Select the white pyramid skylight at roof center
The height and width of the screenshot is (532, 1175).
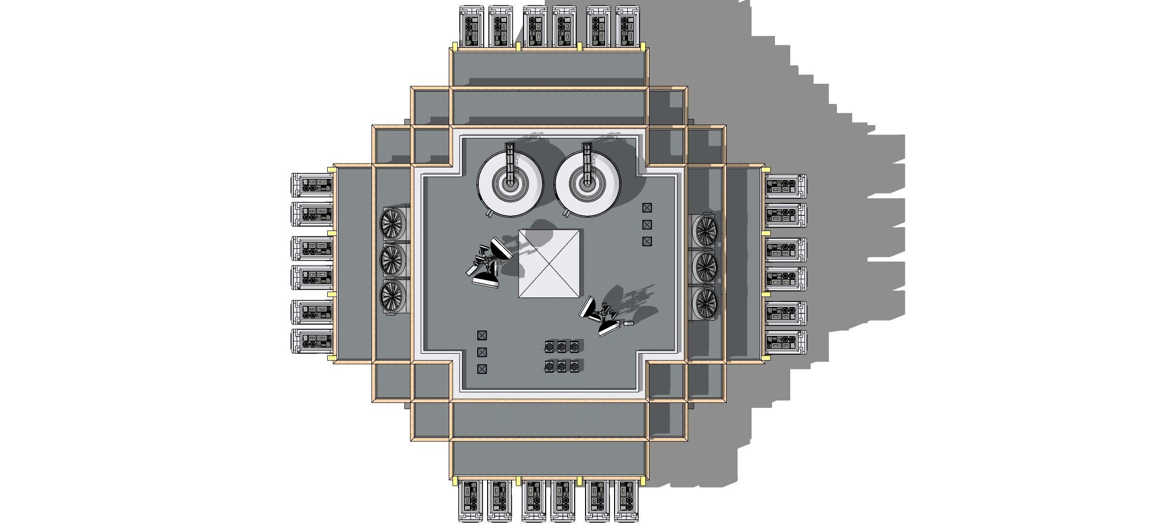[550, 263]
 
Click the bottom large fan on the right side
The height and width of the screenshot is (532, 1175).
[706, 303]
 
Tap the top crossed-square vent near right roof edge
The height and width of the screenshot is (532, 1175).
[647, 208]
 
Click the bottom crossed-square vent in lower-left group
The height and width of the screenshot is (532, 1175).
[482, 368]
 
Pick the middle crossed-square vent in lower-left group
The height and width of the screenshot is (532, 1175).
[482, 352]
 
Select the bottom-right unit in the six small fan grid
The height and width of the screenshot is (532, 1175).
[574, 366]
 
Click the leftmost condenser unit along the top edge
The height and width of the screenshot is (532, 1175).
[471, 26]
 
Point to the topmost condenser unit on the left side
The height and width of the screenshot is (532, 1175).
[312, 185]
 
